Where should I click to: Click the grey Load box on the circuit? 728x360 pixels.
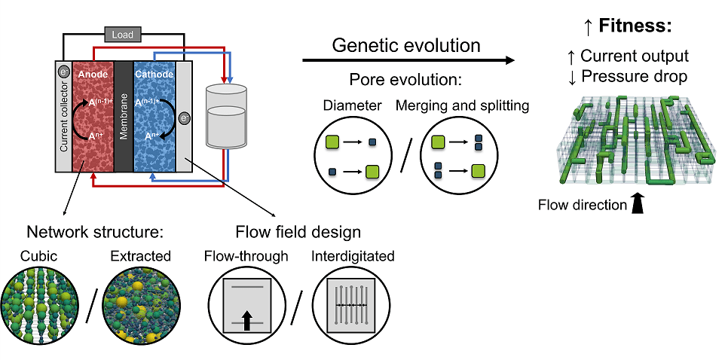click(x=122, y=35)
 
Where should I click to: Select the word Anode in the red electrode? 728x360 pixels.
click(x=91, y=75)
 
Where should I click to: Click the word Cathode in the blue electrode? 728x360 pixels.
click(x=154, y=75)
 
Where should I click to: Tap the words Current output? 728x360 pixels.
click(x=635, y=56)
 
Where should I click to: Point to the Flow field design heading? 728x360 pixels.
click(x=297, y=230)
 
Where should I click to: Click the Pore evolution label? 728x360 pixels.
click(x=405, y=81)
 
